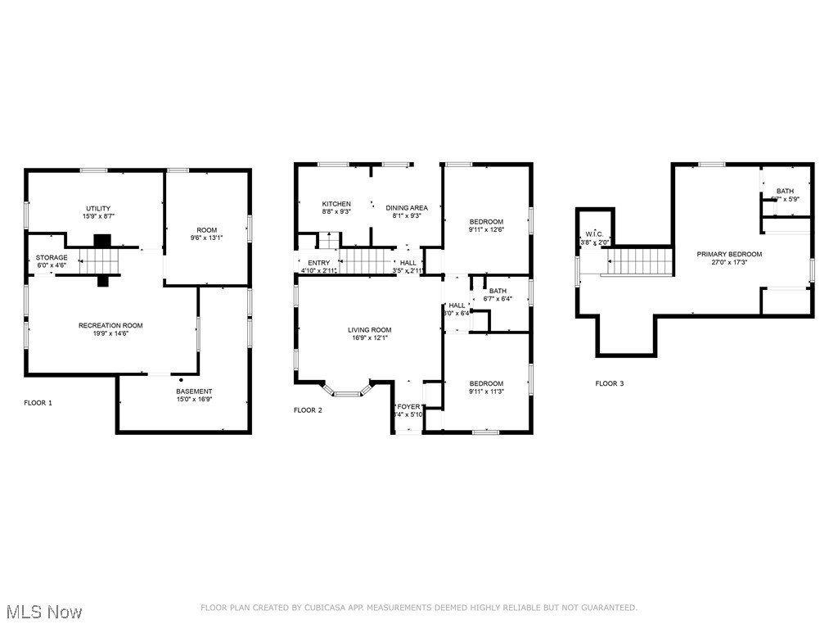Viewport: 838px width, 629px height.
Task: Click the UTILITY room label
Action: [x=98, y=208]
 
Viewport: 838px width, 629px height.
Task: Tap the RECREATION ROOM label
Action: [x=110, y=325]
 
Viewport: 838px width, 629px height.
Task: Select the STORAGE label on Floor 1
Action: [x=52, y=257]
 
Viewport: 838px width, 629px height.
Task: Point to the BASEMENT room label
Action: [x=194, y=391]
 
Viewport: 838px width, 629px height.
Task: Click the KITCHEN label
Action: [x=336, y=204]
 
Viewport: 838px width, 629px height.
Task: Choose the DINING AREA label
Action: [x=407, y=207]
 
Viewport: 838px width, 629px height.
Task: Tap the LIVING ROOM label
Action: [x=370, y=329]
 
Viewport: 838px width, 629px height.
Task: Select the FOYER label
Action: [x=408, y=406]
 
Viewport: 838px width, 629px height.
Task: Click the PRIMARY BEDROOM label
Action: [x=729, y=254]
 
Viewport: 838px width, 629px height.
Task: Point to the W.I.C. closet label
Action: [x=594, y=233]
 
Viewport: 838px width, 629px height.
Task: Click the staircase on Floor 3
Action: [x=642, y=263]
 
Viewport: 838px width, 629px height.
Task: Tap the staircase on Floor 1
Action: [x=99, y=262]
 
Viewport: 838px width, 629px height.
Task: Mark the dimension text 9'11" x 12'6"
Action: [x=486, y=230]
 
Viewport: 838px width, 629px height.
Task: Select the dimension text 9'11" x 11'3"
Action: [x=486, y=392]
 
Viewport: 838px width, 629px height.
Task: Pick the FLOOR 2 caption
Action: [x=308, y=410]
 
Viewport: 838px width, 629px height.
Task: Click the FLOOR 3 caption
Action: [x=609, y=383]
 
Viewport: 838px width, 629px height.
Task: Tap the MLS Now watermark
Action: [x=43, y=612]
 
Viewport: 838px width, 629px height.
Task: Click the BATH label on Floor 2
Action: [x=498, y=291]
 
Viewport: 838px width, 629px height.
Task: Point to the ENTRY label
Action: [x=319, y=262]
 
